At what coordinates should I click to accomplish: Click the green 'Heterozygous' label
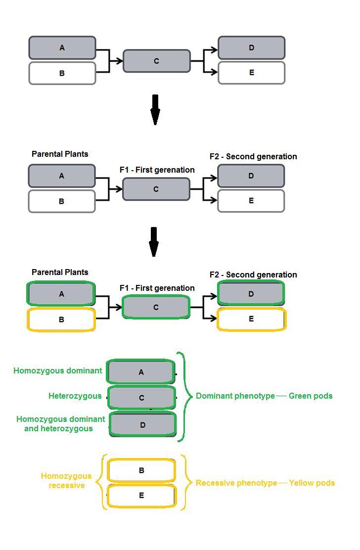tap(75, 396)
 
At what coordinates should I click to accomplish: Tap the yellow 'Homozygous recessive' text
tap(66, 481)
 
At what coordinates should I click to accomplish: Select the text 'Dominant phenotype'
tap(235, 396)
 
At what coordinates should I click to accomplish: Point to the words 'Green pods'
tap(311, 396)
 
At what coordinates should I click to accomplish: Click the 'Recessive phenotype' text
tap(236, 483)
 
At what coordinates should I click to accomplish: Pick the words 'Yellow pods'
tap(312, 483)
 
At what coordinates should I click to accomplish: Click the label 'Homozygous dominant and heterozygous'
tap(60, 424)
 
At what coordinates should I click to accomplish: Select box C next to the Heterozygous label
tap(141, 398)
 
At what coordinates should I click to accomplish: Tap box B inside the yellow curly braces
tap(141, 470)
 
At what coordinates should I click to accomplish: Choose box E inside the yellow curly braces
tap(141, 495)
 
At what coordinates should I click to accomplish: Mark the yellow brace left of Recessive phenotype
tap(186, 482)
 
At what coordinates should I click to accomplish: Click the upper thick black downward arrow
tap(155, 109)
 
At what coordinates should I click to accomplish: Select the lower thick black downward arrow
tap(154, 241)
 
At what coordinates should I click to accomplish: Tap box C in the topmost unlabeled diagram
tap(156, 61)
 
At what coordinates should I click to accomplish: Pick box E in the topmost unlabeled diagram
tap(251, 73)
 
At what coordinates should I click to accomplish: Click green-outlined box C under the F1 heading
tap(156, 307)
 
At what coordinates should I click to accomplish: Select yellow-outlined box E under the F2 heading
tap(251, 319)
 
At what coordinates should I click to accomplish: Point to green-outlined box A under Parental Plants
tap(61, 294)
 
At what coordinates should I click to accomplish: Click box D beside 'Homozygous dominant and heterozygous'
tap(142, 424)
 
